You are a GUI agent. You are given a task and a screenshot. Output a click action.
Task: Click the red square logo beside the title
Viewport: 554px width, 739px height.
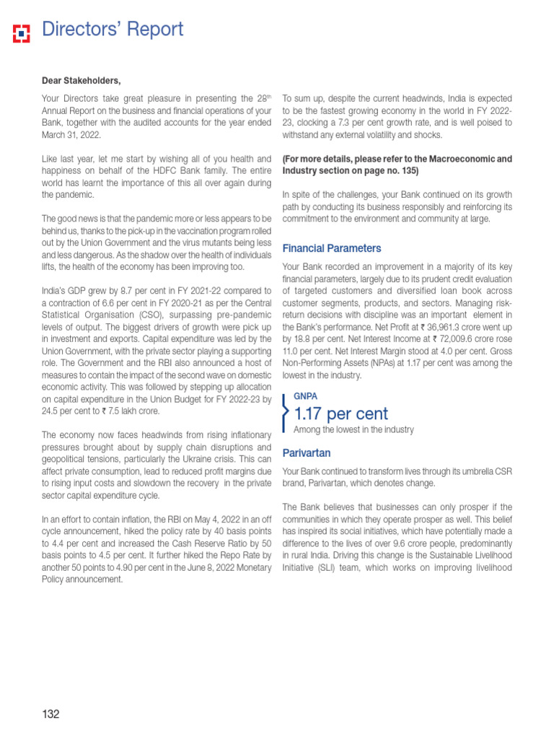point(22,32)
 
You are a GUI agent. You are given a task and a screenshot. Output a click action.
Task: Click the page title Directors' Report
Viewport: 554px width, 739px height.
point(113,30)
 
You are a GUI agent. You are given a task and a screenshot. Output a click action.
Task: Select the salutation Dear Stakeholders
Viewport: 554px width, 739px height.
point(82,80)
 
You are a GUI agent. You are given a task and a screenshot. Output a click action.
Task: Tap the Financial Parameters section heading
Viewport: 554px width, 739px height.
point(332,248)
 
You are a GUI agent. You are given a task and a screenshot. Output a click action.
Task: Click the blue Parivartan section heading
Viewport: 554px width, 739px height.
point(307,453)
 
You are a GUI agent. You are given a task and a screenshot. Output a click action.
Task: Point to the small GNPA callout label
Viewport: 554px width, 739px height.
point(305,396)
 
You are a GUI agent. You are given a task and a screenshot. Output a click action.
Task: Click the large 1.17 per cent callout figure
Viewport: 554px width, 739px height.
point(341,414)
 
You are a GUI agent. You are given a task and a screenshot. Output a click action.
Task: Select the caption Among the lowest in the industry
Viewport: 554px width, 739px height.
point(353,430)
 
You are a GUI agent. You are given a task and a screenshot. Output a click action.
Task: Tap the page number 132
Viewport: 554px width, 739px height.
point(50,714)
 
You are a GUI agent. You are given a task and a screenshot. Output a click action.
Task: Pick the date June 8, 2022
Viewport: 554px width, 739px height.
point(206,567)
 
